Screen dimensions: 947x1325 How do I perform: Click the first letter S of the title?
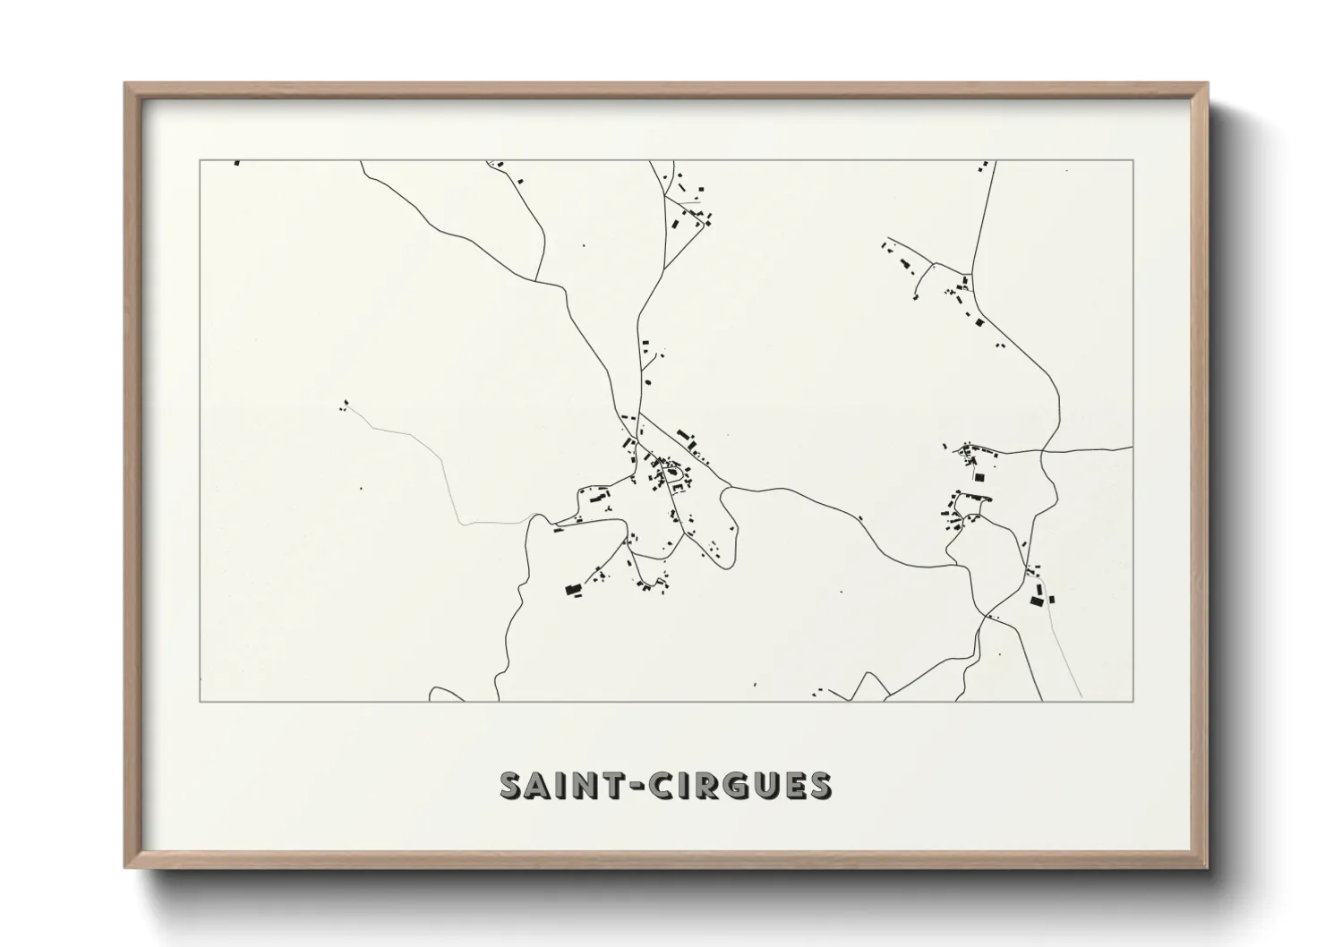[511, 785]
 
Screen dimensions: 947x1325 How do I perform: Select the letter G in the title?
[734, 785]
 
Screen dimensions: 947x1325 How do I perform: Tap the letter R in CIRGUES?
[704, 785]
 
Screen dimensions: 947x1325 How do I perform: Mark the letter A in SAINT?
[538, 785]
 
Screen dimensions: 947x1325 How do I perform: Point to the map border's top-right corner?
[1133, 160]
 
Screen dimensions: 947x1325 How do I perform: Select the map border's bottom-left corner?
[200, 701]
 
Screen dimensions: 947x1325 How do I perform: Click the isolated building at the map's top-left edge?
[237, 163]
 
